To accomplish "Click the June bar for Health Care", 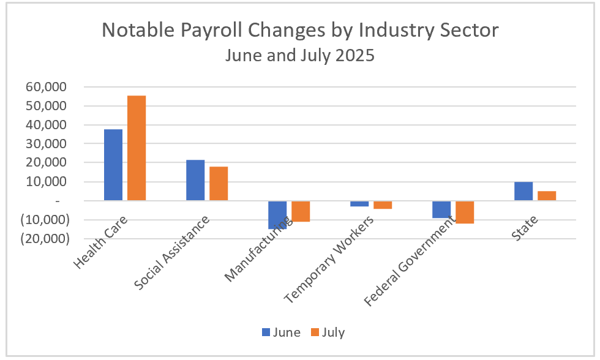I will pos(113,165).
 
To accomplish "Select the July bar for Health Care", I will pos(137,148).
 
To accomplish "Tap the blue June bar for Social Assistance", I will pos(195,180).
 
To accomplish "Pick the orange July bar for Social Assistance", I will pos(219,184).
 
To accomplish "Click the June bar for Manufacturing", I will pos(277,214).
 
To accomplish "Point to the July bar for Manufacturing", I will pos(301,211).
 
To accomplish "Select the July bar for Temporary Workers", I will pos(383,205).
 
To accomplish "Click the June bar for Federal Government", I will pos(441,209).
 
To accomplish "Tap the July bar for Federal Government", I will pos(465,212).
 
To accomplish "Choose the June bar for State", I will pos(523,191).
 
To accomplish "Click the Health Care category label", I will pos(100,244).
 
